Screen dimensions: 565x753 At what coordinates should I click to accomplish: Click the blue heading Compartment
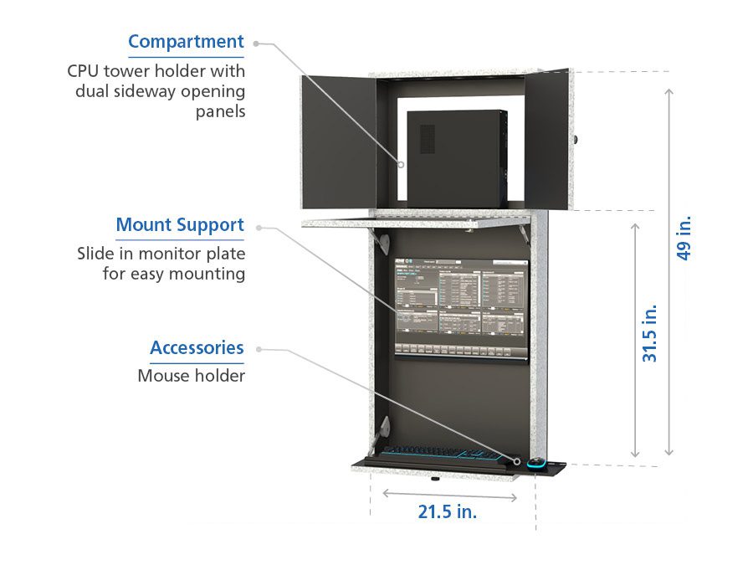tap(186, 42)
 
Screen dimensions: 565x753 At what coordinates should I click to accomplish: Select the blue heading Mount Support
tap(180, 225)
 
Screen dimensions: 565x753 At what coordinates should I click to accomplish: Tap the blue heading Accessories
tap(197, 348)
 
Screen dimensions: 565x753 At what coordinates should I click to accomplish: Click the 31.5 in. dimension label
tap(650, 332)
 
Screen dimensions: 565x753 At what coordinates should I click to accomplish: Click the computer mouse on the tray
tap(536, 462)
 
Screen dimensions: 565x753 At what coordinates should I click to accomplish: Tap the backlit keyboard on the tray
tap(443, 455)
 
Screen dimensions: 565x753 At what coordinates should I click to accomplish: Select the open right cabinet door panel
tap(548, 138)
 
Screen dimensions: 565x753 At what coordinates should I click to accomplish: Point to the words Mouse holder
tap(191, 376)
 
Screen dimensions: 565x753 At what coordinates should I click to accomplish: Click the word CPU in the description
tap(85, 70)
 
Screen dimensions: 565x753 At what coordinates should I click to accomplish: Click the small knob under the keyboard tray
tap(436, 480)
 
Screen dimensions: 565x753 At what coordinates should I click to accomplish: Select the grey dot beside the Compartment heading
tap(256, 42)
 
